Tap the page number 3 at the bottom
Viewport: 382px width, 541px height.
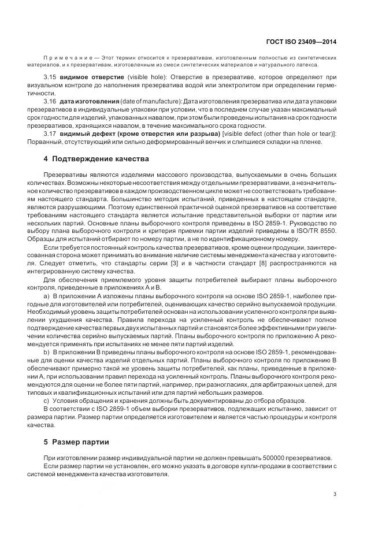pyautogui.click(x=335, y=494)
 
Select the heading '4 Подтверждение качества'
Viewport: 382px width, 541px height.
pyautogui.click(x=88, y=158)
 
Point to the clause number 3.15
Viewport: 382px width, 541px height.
pyautogui.click(x=50, y=76)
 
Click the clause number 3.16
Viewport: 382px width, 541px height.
pyautogui.click(x=50, y=101)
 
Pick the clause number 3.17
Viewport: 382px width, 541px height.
pyautogui.click(x=50, y=134)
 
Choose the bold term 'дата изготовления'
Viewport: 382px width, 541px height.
pyautogui.click(x=89, y=101)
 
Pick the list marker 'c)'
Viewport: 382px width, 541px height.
pyautogui.click(x=47, y=400)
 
